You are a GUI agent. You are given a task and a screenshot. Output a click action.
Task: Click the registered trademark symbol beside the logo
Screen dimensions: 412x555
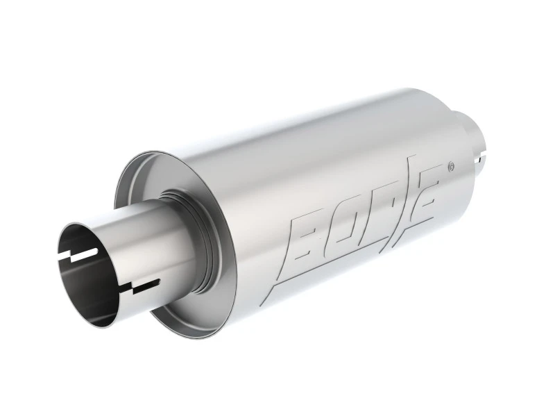click(452, 166)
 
